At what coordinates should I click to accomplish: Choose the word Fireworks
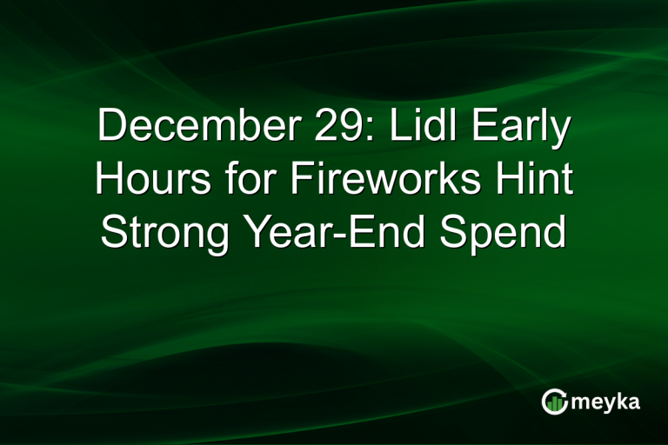click(x=391, y=181)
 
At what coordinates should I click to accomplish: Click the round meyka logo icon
click(x=553, y=401)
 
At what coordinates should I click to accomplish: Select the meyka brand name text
click(x=605, y=402)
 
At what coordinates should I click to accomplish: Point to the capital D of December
click(x=110, y=127)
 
